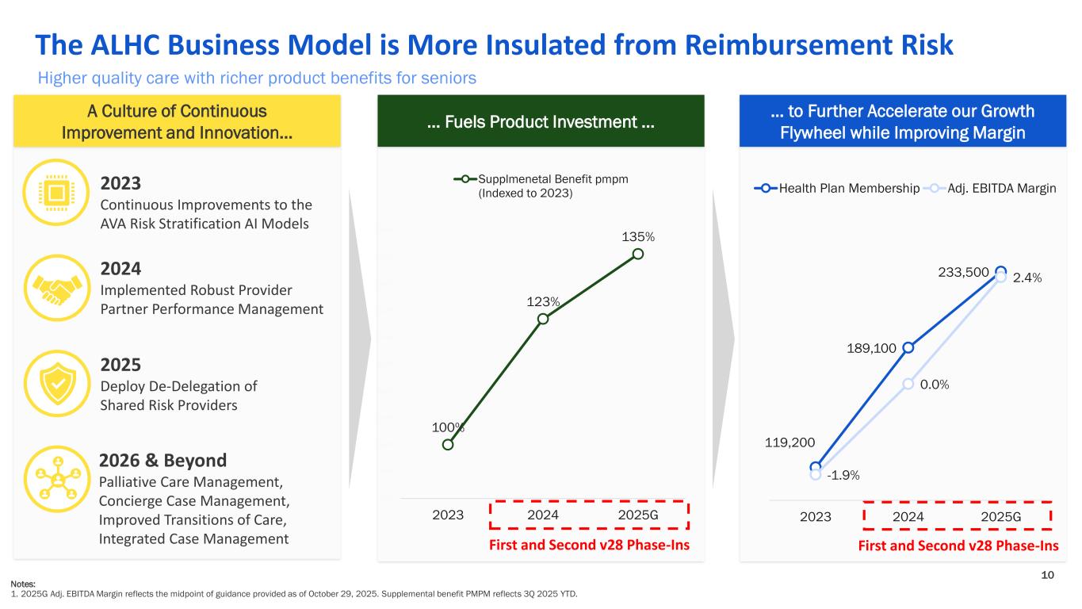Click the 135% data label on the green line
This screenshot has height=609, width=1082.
click(x=638, y=236)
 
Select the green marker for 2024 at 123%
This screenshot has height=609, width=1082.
click(x=543, y=319)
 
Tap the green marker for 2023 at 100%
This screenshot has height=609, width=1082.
click(x=448, y=444)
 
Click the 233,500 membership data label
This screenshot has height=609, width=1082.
click(x=964, y=272)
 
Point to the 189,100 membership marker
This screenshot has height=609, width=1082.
click(x=908, y=347)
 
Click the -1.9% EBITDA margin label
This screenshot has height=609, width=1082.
click(x=843, y=475)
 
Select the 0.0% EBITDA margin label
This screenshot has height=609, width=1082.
click(x=935, y=384)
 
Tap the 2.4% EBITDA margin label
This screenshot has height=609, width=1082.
click(x=1027, y=278)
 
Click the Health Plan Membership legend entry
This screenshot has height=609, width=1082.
click(x=837, y=188)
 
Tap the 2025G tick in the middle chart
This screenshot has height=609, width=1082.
click(x=638, y=515)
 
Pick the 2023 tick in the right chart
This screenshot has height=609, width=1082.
click(x=815, y=517)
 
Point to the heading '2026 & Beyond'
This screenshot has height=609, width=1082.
click(x=162, y=460)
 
